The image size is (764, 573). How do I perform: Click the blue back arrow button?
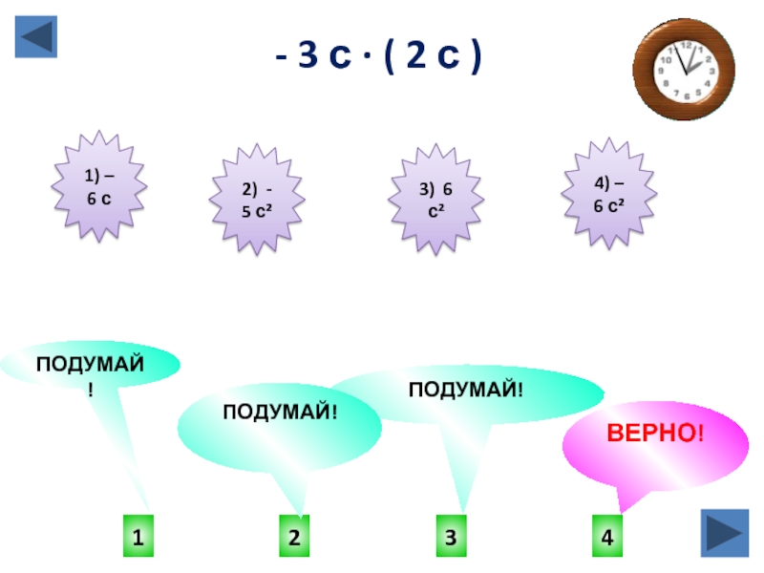pos(36,36)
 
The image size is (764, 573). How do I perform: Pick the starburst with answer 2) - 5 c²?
pos(255,199)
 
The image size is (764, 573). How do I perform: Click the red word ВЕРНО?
pos(655,435)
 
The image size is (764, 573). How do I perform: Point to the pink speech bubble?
pos(638,447)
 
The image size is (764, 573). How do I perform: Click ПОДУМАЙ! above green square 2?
pos(282,411)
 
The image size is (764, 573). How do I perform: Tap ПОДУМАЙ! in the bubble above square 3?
pos(467,389)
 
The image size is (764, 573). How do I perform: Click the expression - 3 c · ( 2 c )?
pos(379,60)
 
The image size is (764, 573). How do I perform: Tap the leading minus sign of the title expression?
pos(282,60)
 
